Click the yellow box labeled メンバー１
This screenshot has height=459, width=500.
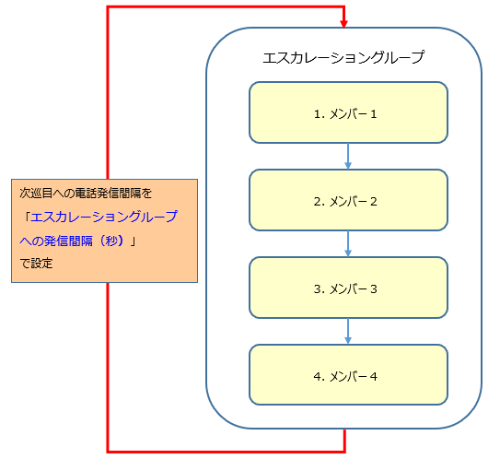[348, 112]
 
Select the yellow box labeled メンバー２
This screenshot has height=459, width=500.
[348, 200]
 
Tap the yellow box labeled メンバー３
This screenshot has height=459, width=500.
[348, 288]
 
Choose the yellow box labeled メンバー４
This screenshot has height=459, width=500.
[348, 375]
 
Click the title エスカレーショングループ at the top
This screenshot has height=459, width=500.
[343, 57]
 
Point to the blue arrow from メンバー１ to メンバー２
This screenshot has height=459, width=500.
[348, 157]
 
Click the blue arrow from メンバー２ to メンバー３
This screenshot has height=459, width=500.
[348, 244]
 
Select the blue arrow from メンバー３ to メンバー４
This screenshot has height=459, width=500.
[348, 331]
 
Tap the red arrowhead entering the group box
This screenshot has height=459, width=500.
[343, 24]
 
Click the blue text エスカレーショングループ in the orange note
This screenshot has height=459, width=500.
[104, 217]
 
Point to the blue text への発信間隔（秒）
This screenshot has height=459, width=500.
[72, 241]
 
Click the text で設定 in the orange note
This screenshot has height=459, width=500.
[36, 264]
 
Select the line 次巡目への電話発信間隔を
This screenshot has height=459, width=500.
[86, 194]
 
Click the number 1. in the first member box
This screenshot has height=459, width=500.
[320, 114]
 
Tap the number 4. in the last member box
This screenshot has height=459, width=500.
[320, 377]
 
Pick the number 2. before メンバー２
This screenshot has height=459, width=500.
[320, 202]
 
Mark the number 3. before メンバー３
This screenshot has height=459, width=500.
[320, 289]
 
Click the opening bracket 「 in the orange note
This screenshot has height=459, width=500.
[27, 217]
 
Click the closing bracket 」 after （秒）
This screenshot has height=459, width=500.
[133, 241]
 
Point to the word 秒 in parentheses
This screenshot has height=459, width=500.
[111, 241]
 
